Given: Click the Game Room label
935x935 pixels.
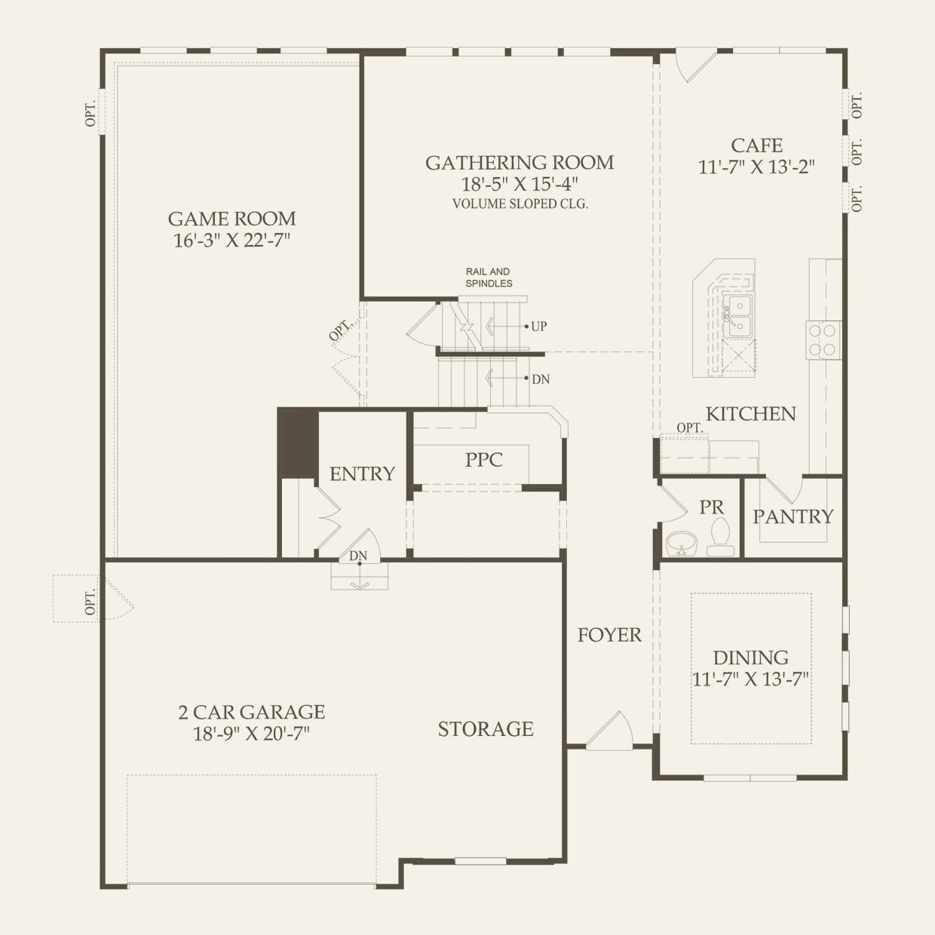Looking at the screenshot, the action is [x=232, y=219].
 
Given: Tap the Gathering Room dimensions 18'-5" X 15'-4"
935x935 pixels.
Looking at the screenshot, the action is [x=520, y=185].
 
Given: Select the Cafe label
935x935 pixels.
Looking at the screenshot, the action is [x=756, y=146].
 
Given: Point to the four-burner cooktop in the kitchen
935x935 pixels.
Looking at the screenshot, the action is [x=824, y=340].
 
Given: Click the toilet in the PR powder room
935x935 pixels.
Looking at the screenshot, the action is [x=721, y=537].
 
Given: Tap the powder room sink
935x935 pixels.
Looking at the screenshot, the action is [x=682, y=544].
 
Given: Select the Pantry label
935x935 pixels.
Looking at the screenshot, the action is [x=792, y=517].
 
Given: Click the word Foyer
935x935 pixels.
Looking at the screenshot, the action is [x=609, y=635].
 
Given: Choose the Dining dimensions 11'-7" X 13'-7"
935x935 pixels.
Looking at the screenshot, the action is [x=750, y=679].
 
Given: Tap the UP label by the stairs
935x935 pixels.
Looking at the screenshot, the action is [x=538, y=326].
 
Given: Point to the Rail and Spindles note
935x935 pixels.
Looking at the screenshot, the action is [x=489, y=277].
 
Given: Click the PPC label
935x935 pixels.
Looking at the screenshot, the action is [x=484, y=460].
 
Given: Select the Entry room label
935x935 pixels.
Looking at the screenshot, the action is [x=363, y=474].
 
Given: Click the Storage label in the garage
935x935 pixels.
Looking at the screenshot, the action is [x=486, y=729].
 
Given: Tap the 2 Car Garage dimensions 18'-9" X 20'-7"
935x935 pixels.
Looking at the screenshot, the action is [x=251, y=734].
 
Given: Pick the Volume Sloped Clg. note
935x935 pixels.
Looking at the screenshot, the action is [x=520, y=204].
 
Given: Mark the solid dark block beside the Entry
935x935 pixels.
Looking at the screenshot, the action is [x=298, y=443].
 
